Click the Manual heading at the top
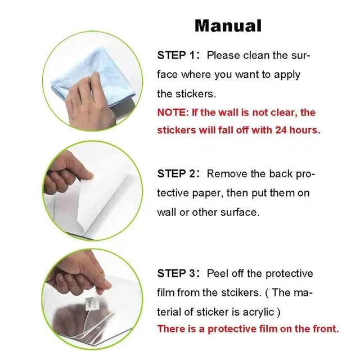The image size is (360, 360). coord(228,25)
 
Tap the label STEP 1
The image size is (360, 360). coord(176,55)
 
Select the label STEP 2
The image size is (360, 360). coord(176,174)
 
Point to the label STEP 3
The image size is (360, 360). coord(176,274)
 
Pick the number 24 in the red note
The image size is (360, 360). coord(281,130)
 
